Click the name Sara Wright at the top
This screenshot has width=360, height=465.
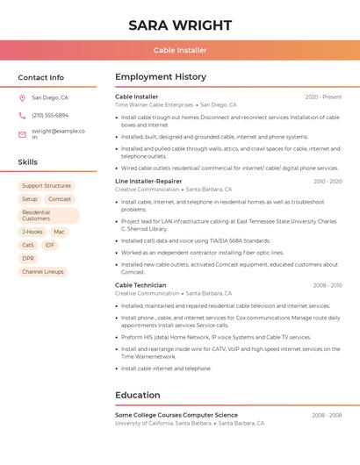point(180,25)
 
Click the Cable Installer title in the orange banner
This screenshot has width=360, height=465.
point(180,50)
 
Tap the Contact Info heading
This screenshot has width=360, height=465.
point(40,77)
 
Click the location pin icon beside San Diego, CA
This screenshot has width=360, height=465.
point(22,98)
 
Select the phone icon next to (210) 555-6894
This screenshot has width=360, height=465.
point(22,115)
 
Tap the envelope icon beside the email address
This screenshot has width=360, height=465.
point(22,134)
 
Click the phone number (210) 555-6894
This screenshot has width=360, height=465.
point(50,115)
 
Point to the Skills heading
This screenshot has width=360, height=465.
point(27,162)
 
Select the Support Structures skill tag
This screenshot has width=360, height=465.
point(47,186)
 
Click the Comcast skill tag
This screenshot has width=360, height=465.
point(60,199)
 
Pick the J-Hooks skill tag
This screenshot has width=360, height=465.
point(32,232)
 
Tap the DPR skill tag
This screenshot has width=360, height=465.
point(28,259)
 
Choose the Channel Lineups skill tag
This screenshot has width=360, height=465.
point(43,272)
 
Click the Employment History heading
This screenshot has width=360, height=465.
point(161,77)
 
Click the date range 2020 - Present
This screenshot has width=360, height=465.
point(323,97)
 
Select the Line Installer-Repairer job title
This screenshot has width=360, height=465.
point(148,182)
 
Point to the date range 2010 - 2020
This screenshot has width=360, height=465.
point(328,182)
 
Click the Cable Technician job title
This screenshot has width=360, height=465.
point(140,285)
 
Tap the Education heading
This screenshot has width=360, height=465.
point(137,395)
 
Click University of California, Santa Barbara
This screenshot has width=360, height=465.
point(163,423)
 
